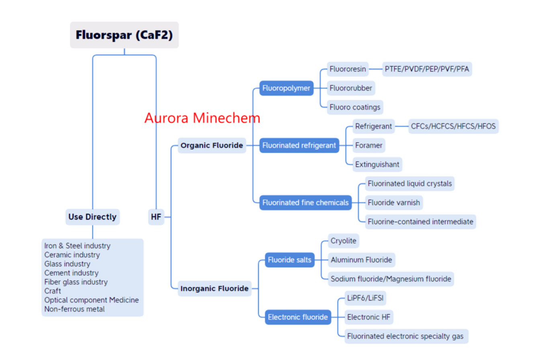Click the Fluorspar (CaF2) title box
coord(124,35)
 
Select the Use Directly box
coord(92,217)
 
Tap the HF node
coord(156,217)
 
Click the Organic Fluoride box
coord(212,145)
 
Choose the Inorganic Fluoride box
coord(214,288)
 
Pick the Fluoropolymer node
coord(286,88)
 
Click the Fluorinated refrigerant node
coord(299,145)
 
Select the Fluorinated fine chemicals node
coord(305,202)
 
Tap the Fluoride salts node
coord(289,260)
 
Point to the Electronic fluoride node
coord(298,317)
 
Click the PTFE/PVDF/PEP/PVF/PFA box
coord(427,69)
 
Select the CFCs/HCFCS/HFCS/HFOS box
coord(453,126)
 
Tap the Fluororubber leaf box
coord(351,88)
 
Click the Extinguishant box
coord(377,164)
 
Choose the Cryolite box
coord(344,241)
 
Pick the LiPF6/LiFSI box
coord(365,298)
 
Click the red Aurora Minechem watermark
coord(202,118)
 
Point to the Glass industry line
coord(67,264)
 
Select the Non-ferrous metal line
coord(74,309)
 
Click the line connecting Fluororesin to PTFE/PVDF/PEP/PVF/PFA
coord(375,69)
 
